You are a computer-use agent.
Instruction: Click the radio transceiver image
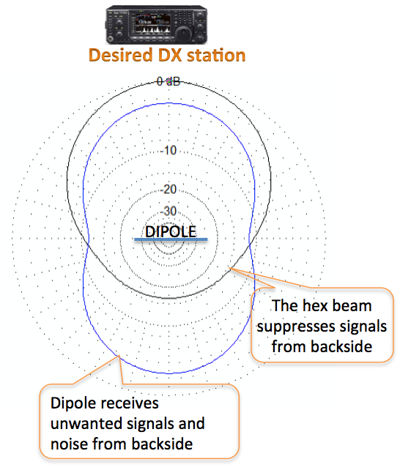(x=156, y=25)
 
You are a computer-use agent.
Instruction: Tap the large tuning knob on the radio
(x=183, y=33)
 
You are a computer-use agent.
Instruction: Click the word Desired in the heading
(x=121, y=56)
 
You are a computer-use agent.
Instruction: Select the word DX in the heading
(x=170, y=56)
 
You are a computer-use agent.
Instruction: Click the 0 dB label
(x=168, y=81)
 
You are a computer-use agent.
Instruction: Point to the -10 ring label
(x=168, y=150)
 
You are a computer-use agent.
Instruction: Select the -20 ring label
(x=168, y=189)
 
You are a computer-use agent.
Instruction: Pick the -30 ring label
(x=168, y=211)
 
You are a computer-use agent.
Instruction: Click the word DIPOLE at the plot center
(x=171, y=231)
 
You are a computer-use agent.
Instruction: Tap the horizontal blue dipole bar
(x=171, y=239)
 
